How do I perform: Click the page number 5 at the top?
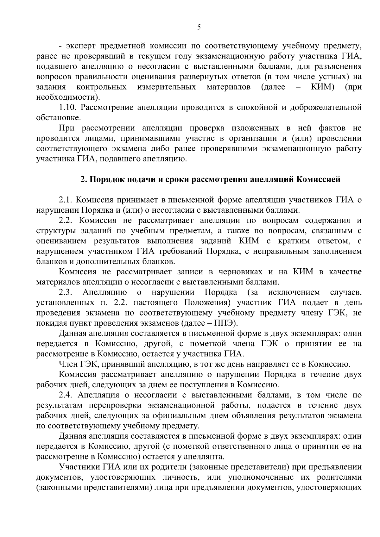point(199,27)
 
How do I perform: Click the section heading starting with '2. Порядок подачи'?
point(210,179)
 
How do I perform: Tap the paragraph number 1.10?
point(68,107)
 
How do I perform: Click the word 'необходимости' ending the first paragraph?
point(65,97)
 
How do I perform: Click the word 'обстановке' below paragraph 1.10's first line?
point(58,118)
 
